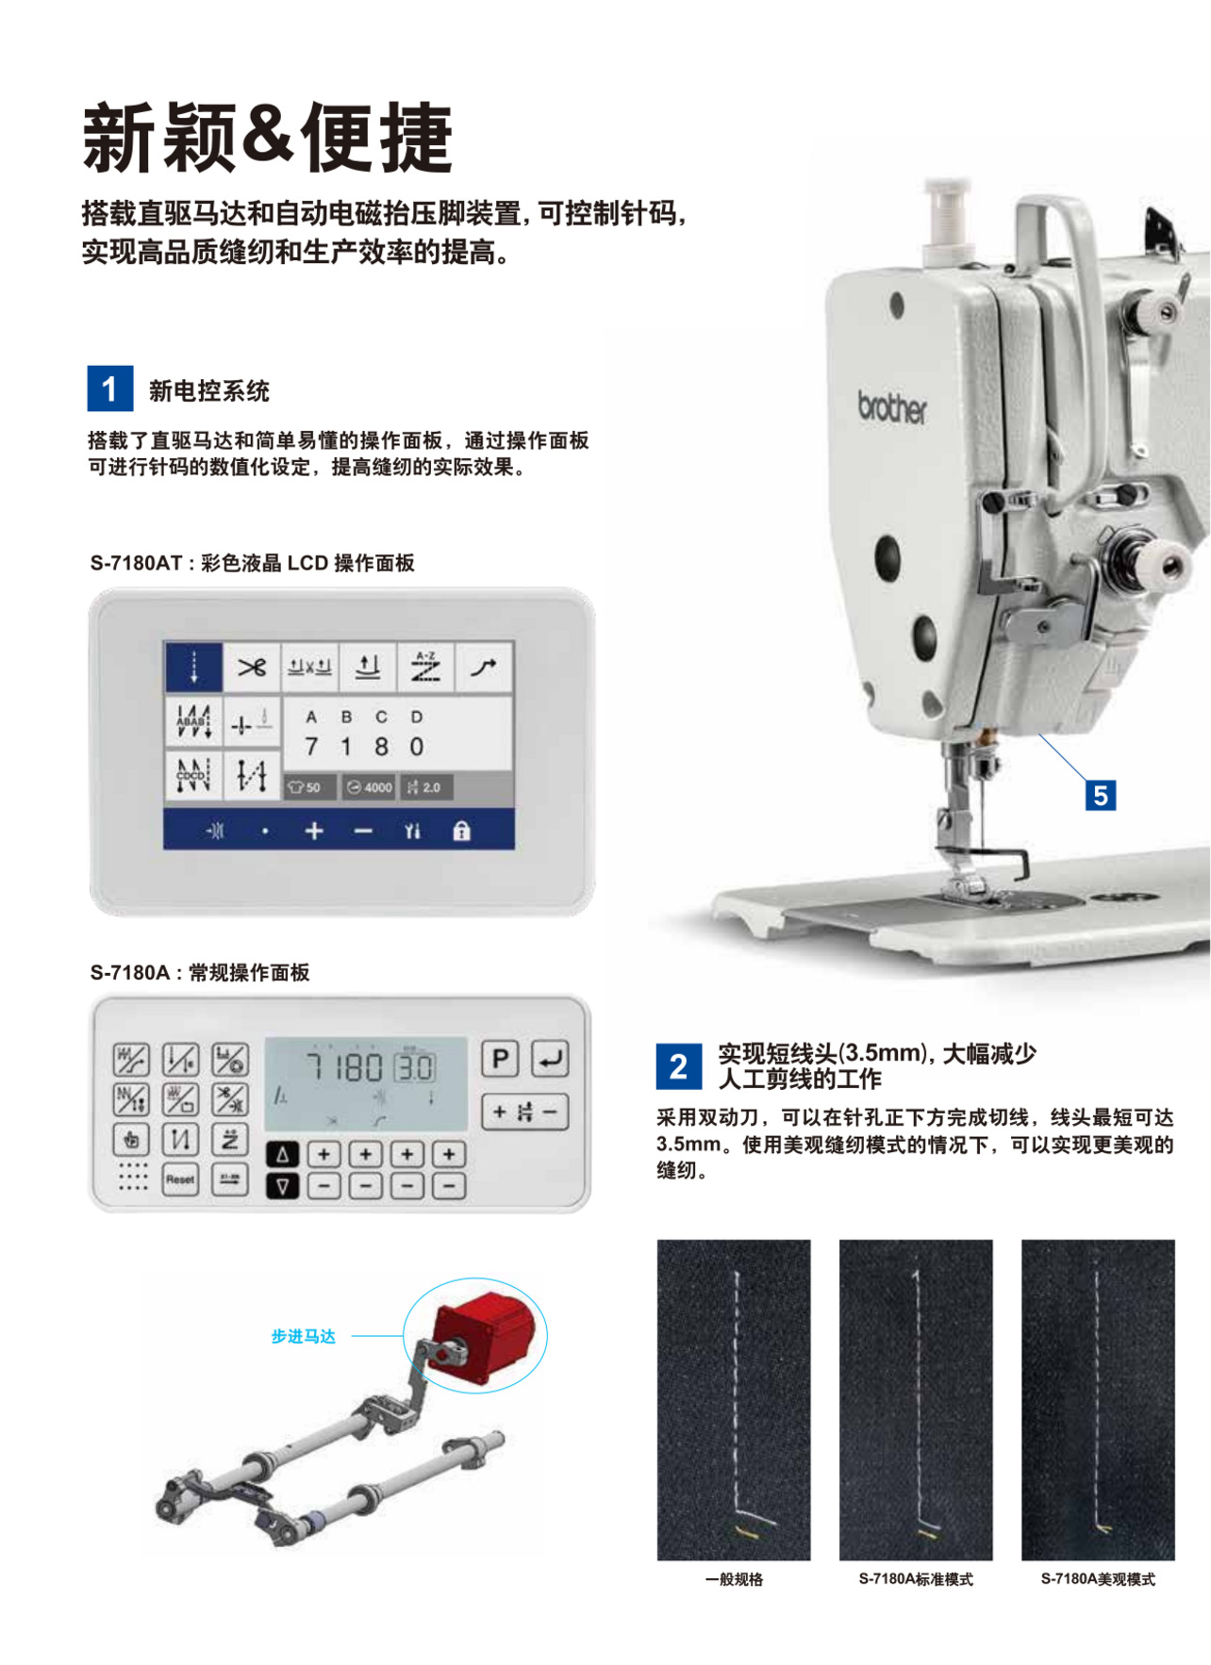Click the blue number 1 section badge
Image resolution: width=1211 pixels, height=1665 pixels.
(x=110, y=388)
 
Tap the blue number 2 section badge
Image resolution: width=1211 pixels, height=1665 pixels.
(x=678, y=1066)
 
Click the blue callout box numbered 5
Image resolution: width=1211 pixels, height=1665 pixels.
(x=1100, y=795)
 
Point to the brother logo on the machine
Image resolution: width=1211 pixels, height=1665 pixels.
(x=891, y=407)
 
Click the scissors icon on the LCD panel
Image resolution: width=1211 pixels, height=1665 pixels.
(x=252, y=668)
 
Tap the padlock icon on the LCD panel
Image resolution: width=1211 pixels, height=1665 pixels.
(x=461, y=831)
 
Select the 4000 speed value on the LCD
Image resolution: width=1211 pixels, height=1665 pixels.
(x=370, y=787)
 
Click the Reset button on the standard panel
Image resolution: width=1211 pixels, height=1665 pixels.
(x=180, y=1179)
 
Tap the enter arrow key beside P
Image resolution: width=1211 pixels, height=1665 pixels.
(x=549, y=1059)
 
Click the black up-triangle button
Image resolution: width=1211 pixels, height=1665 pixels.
(x=282, y=1154)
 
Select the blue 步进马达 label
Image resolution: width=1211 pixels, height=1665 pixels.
(x=303, y=1336)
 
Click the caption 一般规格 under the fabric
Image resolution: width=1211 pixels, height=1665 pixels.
(x=734, y=1579)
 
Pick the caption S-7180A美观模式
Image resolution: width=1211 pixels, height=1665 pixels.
(x=1097, y=1579)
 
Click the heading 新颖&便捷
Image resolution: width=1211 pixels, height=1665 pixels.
(x=268, y=138)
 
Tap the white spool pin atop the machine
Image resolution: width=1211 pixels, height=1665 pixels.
(x=947, y=212)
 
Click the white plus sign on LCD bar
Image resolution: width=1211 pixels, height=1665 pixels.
(x=314, y=831)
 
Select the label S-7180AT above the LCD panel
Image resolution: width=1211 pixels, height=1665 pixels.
(x=136, y=563)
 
